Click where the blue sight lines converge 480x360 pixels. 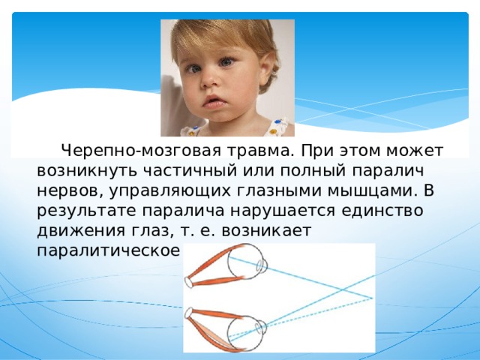[x=371, y=297]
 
